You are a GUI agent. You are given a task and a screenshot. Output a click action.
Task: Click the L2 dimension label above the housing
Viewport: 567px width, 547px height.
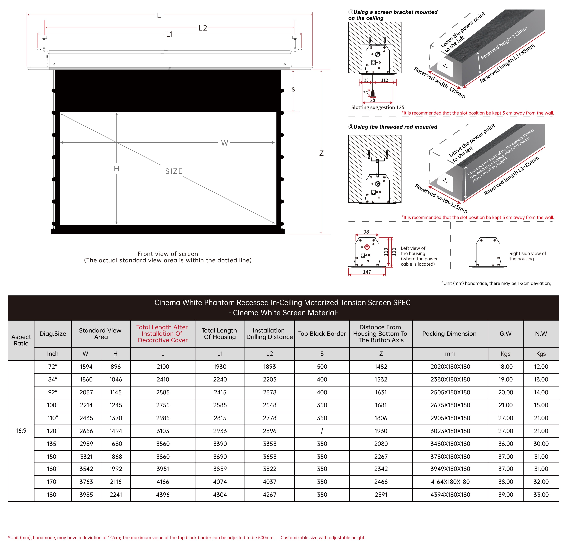[203, 28]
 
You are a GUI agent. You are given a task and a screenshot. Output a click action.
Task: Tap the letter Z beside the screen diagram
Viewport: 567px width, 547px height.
[321, 153]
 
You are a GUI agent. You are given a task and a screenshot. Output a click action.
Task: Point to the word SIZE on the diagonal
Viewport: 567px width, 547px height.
[174, 171]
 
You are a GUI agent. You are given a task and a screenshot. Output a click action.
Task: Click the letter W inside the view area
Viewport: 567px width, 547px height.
[224, 143]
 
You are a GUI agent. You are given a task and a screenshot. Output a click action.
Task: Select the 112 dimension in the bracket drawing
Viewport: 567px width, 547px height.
[384, 80]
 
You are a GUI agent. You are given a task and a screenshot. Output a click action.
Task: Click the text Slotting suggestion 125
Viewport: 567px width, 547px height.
[377, 107]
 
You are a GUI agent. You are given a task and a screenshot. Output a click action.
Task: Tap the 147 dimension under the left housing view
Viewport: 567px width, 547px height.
[367, 272]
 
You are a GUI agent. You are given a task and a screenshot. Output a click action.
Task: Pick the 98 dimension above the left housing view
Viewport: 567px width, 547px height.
[366, 232]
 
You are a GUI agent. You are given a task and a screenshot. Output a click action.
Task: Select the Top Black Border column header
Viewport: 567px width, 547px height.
[322, 334]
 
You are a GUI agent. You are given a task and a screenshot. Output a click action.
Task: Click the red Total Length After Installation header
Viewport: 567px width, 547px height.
[162, 334]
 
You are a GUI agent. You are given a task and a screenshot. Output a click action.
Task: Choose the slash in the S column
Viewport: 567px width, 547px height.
[322, 431]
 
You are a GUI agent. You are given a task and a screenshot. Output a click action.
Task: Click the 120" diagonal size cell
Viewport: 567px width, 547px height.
[53, 431]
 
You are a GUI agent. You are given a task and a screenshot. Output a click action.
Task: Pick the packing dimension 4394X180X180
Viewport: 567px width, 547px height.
[450, 495]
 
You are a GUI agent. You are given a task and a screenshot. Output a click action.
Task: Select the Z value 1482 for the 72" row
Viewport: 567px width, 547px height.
[381, 367]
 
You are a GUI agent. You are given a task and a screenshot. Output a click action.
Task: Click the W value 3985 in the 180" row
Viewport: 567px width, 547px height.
[86, 495]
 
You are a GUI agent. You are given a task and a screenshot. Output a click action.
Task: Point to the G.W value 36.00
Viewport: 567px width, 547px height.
[505, 444]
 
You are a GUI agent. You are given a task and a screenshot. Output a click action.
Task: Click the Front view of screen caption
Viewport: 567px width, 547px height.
[168, 254]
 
